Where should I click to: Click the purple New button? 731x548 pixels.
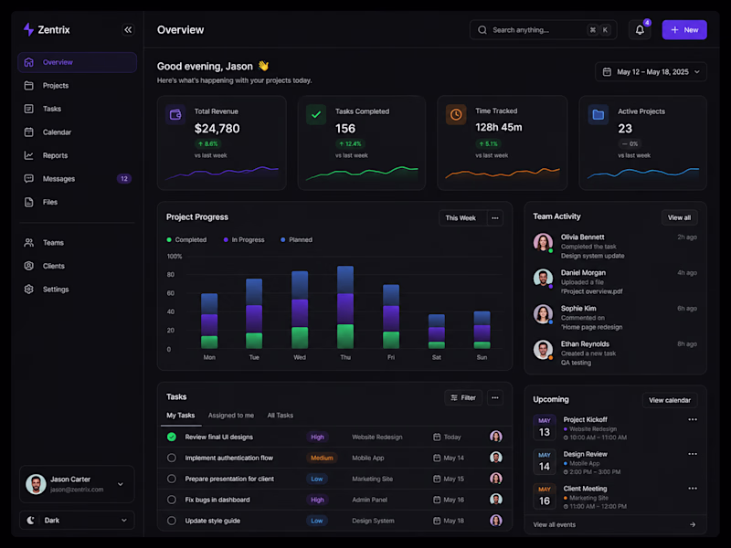683,30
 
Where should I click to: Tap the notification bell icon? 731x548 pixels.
640,30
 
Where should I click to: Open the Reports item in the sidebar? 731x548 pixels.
55,155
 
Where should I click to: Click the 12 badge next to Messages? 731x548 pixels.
124,179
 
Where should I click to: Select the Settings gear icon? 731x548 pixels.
29,290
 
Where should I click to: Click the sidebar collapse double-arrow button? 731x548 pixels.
128,30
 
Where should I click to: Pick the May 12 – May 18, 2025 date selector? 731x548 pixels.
651,72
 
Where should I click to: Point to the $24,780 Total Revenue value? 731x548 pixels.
217,129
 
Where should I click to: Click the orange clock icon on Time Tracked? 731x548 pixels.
456,115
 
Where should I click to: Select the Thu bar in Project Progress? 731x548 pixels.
345,307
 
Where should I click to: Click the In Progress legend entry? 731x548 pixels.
244,240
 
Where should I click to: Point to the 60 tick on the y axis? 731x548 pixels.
171,293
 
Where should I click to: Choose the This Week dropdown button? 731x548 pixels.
462,218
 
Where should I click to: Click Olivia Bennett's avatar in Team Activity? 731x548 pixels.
543,242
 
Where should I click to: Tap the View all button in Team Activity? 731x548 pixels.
679,217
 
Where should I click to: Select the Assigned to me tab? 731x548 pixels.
231,416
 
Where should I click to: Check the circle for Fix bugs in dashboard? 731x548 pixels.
172,500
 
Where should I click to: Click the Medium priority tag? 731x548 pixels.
322,458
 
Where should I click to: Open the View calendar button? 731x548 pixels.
670,400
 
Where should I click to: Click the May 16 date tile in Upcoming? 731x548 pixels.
545,496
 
